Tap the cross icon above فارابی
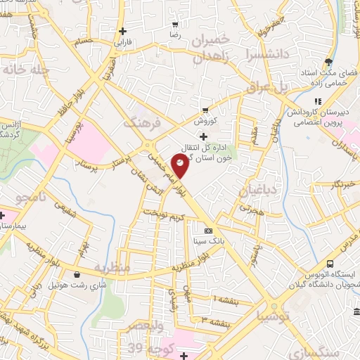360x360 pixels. click(123, 31)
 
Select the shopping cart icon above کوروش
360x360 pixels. click(205, 110)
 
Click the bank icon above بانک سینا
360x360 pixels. click(208, 231)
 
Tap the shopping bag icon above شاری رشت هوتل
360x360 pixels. click(77, 275)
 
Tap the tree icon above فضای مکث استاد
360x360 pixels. click(329, 62)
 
